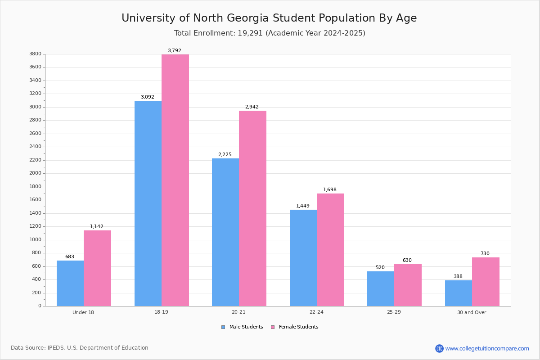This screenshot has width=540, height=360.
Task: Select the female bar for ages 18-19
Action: pyautogui.click(x=175, y=180)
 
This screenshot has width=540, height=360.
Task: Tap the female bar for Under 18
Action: pyautogui.click(x=97, y=268)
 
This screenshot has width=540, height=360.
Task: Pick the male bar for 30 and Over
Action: pyautogui.click(x=458, y=293)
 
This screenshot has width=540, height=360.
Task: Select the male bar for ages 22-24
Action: pyautogui.click(x=303, y=258)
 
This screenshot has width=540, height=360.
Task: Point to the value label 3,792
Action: pyautogui.click(x=174, y=51)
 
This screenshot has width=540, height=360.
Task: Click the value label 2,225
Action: pyautogui.click(x=225, y=155)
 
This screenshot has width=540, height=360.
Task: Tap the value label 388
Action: pyautogui.click(x=458, y=277)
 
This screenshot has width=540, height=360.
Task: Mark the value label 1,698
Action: pyautogui.click(x=329, y=190)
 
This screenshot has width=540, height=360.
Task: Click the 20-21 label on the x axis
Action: pyautogui.click(x=238, y=312)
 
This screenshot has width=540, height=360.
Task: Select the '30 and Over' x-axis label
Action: pyautogui.click(x=472, y=312)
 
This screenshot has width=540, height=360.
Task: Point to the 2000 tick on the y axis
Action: pyautogui.click(x=35, y=173)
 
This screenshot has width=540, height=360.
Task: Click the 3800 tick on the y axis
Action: pyautogui.click(x=35, y=54)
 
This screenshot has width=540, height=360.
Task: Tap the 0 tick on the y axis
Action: pyautogui.click(x=40, y=306)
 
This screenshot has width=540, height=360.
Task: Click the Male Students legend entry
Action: pyautogui.click(x=246, y=327)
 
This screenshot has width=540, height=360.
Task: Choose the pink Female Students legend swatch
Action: pyautogui.click(x=272, y=327)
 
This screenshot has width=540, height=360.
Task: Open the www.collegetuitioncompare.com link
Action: pyautogui.click(x=487, y=348)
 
